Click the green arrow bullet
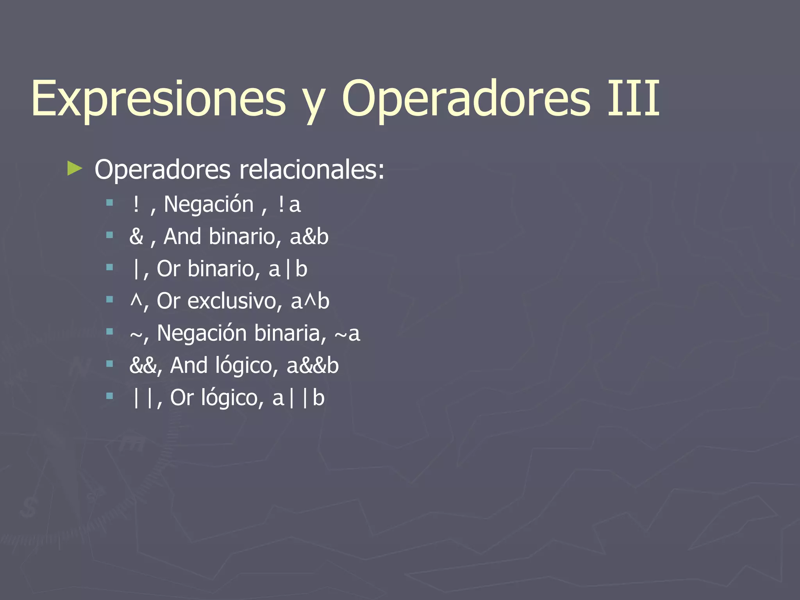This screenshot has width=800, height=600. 75,169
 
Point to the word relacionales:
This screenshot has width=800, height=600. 312,170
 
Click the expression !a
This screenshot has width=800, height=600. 289,204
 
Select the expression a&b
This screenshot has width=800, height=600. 309,237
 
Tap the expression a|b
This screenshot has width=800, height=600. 288,269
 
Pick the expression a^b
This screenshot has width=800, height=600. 310,301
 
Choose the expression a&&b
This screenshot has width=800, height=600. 312,366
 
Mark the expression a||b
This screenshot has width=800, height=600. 298,398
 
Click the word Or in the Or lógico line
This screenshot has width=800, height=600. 182,398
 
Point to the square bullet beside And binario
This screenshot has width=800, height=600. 109,235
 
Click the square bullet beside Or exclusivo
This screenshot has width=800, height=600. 109,300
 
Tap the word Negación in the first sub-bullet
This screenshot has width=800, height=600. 209,204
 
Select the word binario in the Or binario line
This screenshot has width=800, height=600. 223,269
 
